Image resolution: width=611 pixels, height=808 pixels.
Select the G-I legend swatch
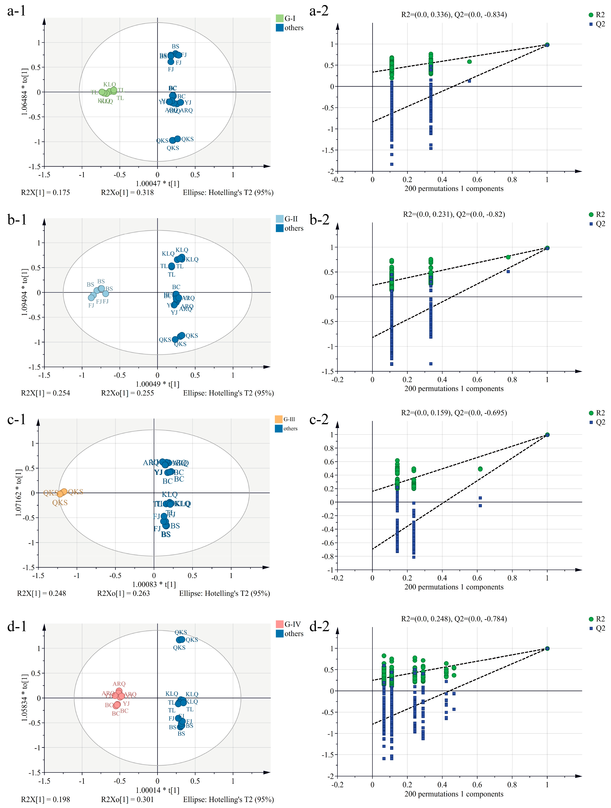click(x=279, y=18)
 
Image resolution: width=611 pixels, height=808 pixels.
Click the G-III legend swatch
click(x=279, y=419)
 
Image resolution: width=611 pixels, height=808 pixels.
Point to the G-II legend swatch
click(x=279, y=219)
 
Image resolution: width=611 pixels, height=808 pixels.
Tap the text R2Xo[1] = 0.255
click(x=128, y=393)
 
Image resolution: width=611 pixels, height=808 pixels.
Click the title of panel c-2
click(x=454, y=413)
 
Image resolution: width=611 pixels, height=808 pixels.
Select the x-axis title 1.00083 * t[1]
click(x=154, y=584)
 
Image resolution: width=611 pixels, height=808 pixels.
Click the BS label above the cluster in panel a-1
click(x=175, y=46)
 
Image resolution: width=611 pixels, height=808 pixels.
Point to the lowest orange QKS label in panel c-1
click(x=60, y=503)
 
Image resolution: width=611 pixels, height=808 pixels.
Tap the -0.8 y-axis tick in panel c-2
click(x=329, y=556)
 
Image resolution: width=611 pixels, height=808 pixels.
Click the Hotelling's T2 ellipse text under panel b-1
click(x=228, y=393)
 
